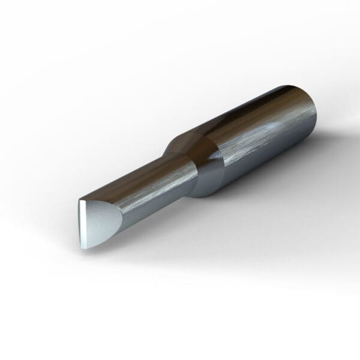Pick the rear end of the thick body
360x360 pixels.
(x=315, y=117)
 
